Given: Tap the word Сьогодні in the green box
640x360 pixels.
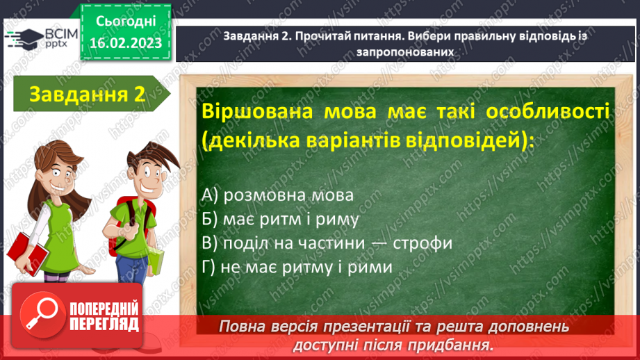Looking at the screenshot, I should [125, 22].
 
